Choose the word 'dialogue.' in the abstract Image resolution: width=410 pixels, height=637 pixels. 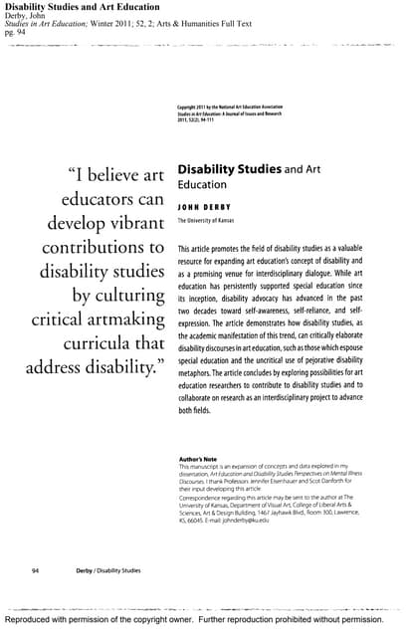pos(338,269)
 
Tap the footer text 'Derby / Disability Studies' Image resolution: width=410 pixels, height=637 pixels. pos(108,571)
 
